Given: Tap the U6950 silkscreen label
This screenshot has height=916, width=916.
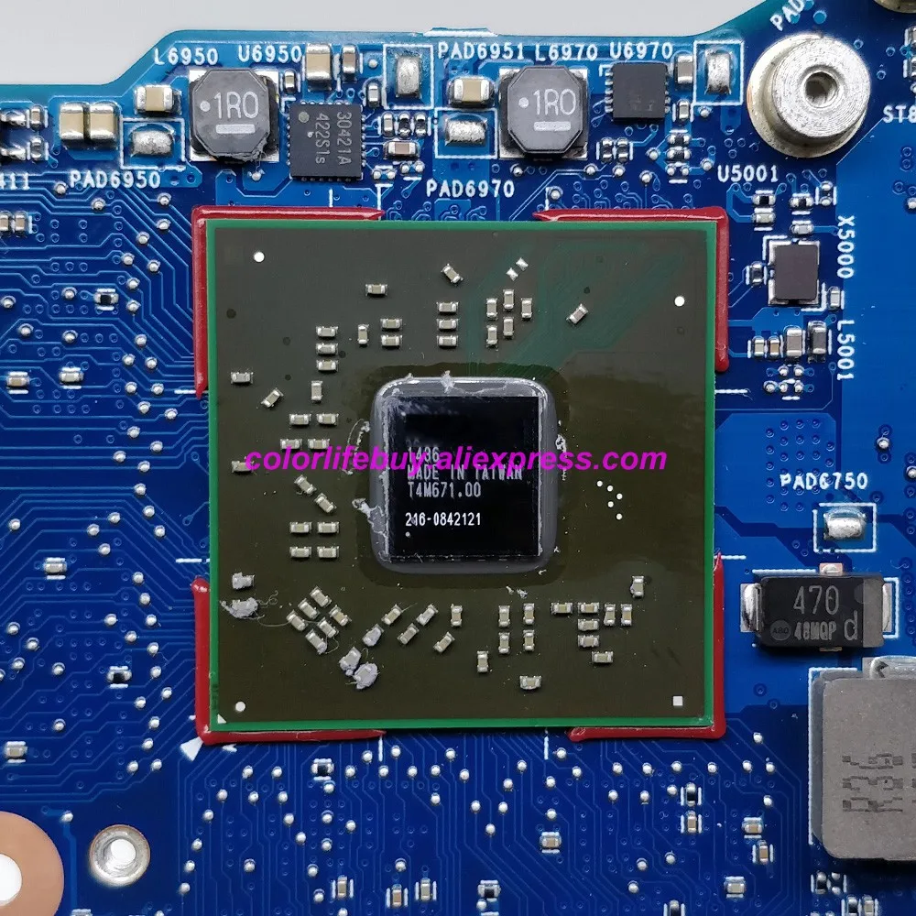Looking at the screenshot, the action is click(270, 54).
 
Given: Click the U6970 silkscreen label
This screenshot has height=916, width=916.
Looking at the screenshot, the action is click(641, 50).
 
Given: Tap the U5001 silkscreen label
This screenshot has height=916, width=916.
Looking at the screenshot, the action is click(747, 174).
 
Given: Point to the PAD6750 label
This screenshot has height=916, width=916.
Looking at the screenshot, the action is click(823, 481).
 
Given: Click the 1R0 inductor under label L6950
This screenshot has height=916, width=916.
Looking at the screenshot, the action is click(233, 112).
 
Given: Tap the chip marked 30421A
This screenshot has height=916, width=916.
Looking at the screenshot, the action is click(324, 140).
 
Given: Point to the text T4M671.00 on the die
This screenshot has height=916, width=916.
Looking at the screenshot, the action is click(443, 491).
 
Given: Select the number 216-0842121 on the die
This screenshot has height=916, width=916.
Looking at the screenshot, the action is click(443, 519).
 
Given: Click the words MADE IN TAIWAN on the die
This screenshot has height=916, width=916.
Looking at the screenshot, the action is click(463, 475).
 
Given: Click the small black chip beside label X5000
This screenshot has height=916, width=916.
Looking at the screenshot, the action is click(793, 271).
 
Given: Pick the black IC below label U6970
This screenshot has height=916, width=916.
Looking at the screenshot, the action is click(638, 91).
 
